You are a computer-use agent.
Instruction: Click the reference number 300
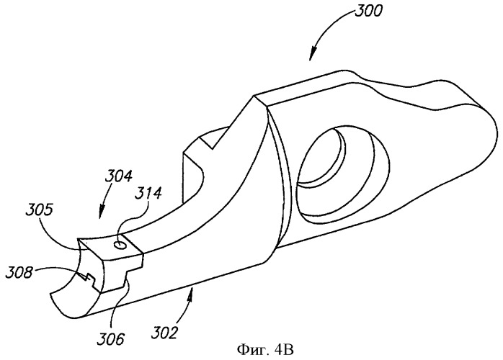tap(368, 11)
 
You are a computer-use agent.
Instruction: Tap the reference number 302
tap(164, 333)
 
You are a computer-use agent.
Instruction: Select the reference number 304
tap(118, 176)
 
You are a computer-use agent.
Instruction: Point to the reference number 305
tap(39, 210)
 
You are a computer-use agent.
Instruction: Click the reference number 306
tap(111, 339)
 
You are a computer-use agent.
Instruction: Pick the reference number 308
tap(19, 273)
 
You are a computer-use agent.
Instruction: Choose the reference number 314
tap(148, 194)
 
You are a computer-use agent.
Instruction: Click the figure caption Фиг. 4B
tap(265, 350)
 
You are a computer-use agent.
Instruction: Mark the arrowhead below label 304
tap(100, 213)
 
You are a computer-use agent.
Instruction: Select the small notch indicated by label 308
tap(89, 278)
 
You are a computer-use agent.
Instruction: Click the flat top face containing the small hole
tap(110, 246)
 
